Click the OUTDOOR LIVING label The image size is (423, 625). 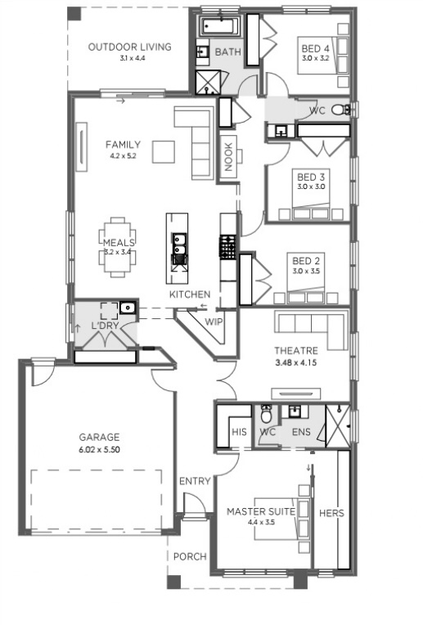point(129,47)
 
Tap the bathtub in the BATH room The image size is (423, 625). point(219,27)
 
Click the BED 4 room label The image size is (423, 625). point(315,48)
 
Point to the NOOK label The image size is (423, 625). point(228,157)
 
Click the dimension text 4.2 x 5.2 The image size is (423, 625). point(124,156)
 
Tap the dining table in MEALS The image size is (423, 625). point(117,247)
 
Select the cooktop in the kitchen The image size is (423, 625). point(228,247)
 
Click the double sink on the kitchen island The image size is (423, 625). point(178,244)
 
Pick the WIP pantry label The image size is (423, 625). point(214,321)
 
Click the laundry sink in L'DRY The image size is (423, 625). point(128,308)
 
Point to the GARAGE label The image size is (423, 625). point(99,438)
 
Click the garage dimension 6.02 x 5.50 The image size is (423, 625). point(99,450)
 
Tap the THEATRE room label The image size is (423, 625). point(296,351)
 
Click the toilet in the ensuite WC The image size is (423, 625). point(266,415)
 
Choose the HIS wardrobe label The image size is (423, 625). point(239,432)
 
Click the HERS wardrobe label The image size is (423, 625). point(331,513)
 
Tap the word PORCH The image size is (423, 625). point(190,556)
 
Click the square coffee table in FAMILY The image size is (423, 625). point(164,152)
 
